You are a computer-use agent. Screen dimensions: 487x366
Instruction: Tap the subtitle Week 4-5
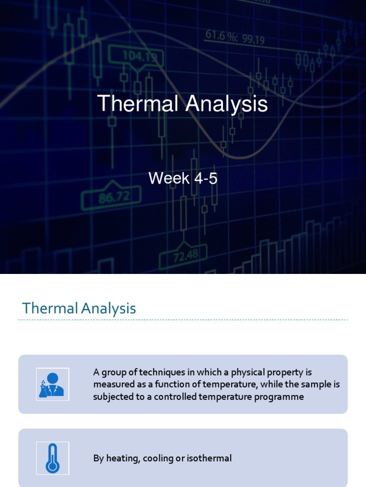tap(183, 178)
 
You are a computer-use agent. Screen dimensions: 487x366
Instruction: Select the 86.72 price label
tap(112, 196)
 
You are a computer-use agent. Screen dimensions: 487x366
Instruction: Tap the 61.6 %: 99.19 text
tap(235, 37)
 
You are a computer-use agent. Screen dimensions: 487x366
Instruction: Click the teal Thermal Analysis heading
tap(79, 308)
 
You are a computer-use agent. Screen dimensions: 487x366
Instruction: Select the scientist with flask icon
tap(52, 384)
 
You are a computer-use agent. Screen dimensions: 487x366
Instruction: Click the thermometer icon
tap(52, 458)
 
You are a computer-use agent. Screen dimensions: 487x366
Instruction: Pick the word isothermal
tap(209, 458)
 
